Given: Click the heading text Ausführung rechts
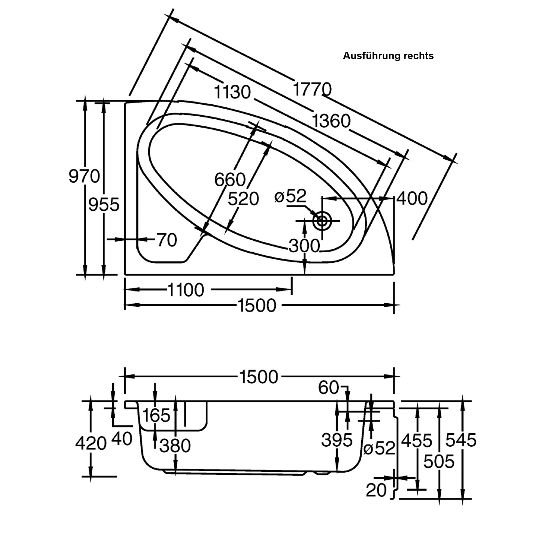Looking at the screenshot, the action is click(388, 56).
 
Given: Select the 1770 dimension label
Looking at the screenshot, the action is click(312, 89).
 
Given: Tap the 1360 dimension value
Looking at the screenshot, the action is click(331, 121).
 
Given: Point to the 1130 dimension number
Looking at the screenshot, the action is click(232, 92).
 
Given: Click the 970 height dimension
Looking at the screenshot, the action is click(84, 176).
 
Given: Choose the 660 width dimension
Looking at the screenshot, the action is click(230, 179).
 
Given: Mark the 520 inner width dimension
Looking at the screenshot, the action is click(243, 199).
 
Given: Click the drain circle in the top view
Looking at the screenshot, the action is click(322, 220).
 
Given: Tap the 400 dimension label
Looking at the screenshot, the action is click(412, 198).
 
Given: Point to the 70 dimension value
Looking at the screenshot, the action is click(167, 240).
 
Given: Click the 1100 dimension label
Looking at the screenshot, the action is click(185, 290).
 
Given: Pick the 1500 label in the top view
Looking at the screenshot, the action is click(257, 305).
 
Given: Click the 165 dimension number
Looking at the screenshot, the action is click(156, 415).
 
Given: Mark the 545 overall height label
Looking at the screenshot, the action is click(461, 440).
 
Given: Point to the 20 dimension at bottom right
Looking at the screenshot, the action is click(376, 490).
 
